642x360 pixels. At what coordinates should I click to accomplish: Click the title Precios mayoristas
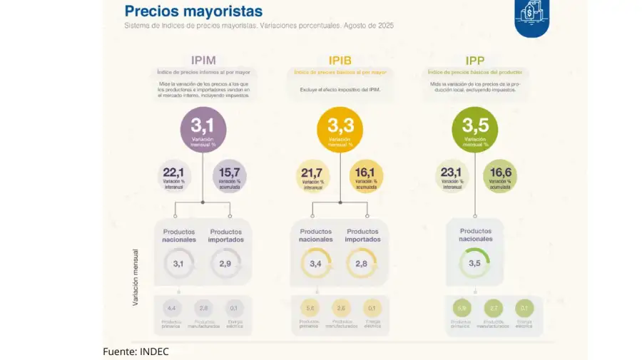(193, 11)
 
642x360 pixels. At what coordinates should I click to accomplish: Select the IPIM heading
(203, 60)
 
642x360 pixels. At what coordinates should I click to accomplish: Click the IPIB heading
(340, 60)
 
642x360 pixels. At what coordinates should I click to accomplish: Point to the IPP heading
(475, 60)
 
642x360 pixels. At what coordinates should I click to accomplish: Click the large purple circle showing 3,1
(203, 130)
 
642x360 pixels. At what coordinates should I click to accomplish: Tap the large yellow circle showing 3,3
(340, 130)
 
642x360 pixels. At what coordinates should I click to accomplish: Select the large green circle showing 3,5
(475, 130)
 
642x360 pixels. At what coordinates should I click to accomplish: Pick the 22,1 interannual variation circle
(174, 176)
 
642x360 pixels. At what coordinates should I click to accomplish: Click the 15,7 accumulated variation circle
(230, 176)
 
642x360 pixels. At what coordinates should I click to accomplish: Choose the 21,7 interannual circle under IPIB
(312, 176)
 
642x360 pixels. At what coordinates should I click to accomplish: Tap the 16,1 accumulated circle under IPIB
(366, 176)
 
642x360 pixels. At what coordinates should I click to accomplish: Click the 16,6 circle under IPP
(500, 176)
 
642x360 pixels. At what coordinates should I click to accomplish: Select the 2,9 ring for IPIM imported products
(225, 264)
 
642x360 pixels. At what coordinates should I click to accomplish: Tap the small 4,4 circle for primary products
(171, 308)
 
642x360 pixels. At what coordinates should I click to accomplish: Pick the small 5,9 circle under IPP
(461, 308)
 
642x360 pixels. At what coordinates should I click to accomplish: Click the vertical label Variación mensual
(135, 277)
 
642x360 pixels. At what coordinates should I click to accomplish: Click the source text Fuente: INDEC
(136, 351)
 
